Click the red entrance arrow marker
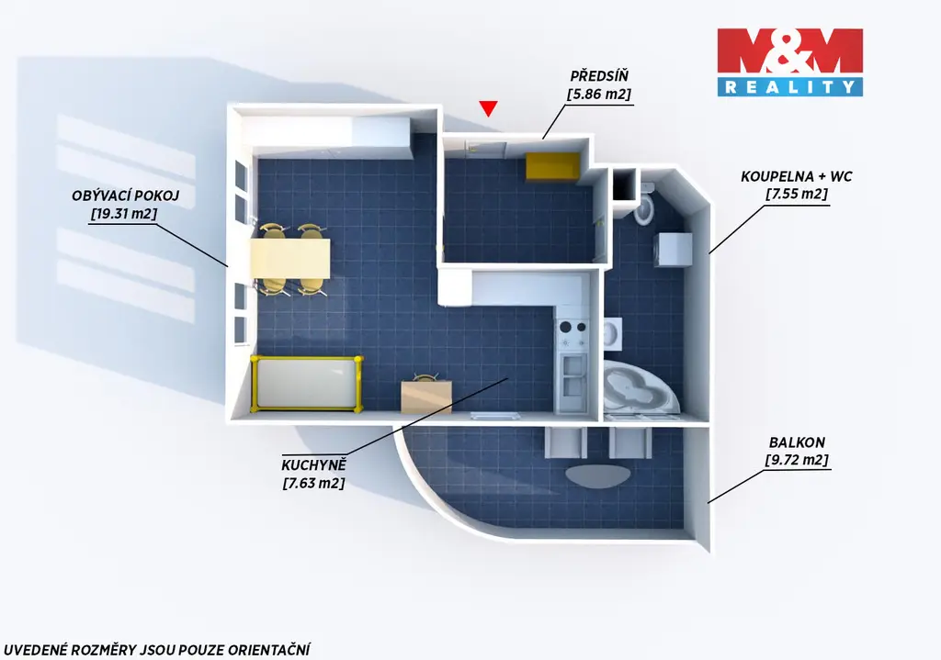click(x=488, y=108)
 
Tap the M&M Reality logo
click(x=789, y=62)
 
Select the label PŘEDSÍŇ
click(x=599, y=76)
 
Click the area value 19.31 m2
click(x=124, y=213)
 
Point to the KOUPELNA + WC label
click(x=797, y=176)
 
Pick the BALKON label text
click(x=797, y=442)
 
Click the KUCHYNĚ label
click(x=313, y=465)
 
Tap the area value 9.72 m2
click(x=797, y=460)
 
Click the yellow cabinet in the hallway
click(x=552, y=166)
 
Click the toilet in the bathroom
click(x=644, y=204)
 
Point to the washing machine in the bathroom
click(x=672, y=249)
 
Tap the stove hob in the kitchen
click(x=573, y=334)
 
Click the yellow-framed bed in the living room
click(x=307, y=384)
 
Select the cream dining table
click(x=290, y=258)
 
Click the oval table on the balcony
click(x=597, y=475)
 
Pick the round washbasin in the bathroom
click(x=612, y=333)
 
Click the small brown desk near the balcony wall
click(x=426, y=396)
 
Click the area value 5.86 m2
click(x=599, y=95)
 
